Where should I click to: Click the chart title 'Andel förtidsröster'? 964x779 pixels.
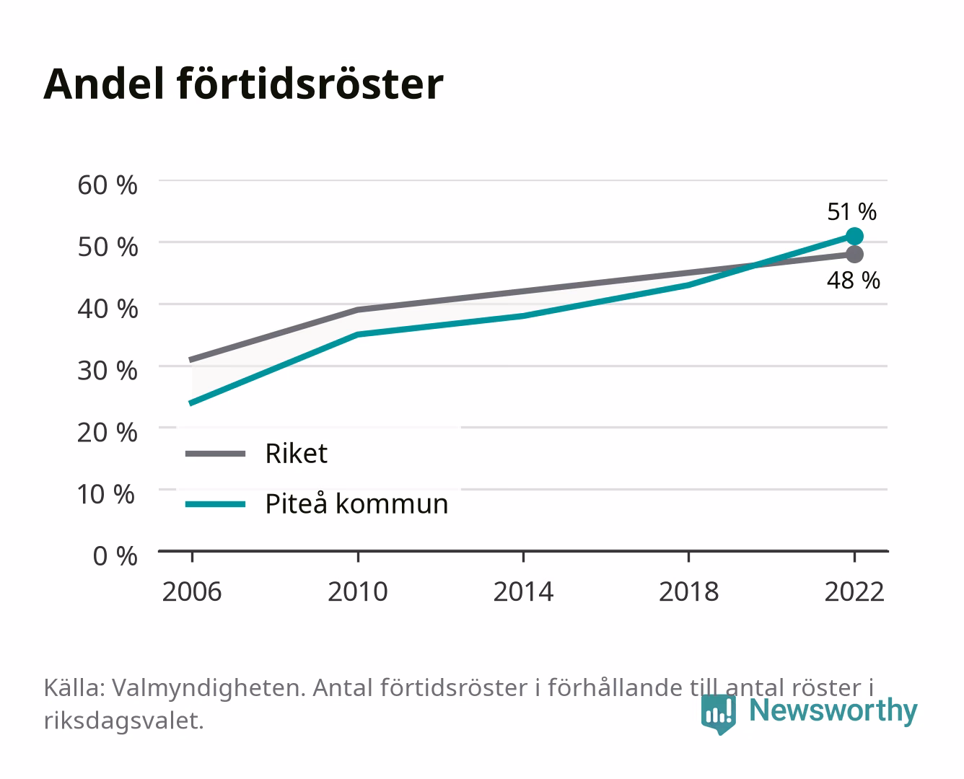tap(243, 84)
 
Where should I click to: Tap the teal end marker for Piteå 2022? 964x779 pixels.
tap(854, 236)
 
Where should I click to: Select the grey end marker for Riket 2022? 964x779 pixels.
tap(854, 254)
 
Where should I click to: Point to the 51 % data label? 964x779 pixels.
tap(851, 212)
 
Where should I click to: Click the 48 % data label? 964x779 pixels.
tap(853, 280)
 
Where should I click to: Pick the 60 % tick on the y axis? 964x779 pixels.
tap(108, 185)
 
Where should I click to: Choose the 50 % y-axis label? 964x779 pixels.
tap(108, 247)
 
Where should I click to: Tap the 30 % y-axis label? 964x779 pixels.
tap(108, 371)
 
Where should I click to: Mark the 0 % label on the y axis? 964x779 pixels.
tap(115, 556)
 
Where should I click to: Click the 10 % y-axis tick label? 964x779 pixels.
tap(106, 494)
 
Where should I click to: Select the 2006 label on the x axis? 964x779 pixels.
tap(192, 591)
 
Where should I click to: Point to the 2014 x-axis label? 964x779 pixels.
tap(523, 591)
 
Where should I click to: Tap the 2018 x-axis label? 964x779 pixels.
tap(688, 591)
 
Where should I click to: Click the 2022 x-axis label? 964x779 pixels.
tap(854, 591)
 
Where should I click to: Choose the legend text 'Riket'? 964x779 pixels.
tap(296, 453)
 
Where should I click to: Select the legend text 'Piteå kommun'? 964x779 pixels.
tap(356, 503)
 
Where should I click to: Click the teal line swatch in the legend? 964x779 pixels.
tap(216, 504)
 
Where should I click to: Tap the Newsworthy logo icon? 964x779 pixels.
tap(718, 714)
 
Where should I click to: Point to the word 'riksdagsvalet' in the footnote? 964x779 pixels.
tap(123, 721)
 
